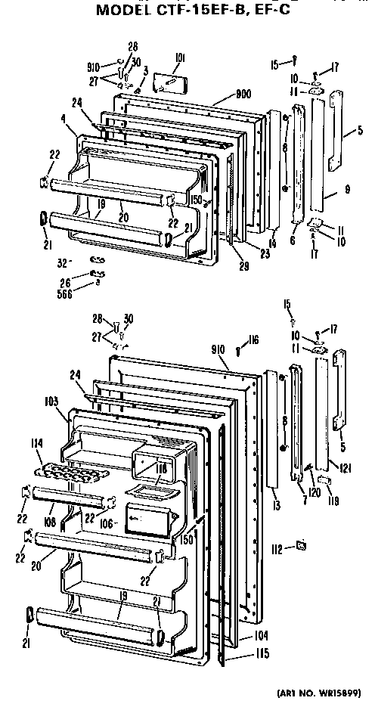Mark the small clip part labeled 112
click(x=301, y=544)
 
